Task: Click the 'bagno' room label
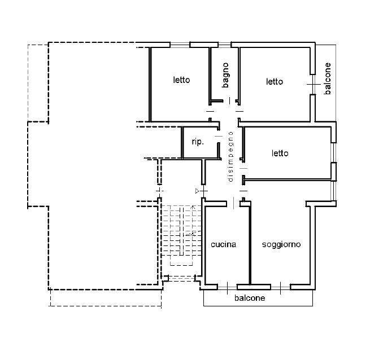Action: (225, 75)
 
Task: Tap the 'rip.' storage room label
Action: (198, 142)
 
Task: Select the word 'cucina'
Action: (224, 244)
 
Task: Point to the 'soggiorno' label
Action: (281, 245)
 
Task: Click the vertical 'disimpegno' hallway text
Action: (230, 157)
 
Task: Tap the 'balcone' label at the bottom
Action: (250, 298)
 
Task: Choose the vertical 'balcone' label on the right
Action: (328, 78)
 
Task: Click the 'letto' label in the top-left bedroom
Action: (181, 80)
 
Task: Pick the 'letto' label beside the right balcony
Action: (275, 82)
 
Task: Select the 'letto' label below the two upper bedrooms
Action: (280, 153)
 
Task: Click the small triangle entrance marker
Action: (197, 191)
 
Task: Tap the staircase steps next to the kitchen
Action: (181, 231)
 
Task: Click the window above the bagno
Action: (224, 45)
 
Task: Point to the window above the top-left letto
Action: (180, 45)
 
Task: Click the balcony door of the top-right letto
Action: (312, 85)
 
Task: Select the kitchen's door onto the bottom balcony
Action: (227, 287)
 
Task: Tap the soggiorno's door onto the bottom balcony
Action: (281, 287)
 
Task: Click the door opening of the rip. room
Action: (219, 136)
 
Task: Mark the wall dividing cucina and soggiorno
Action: (250, 243)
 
